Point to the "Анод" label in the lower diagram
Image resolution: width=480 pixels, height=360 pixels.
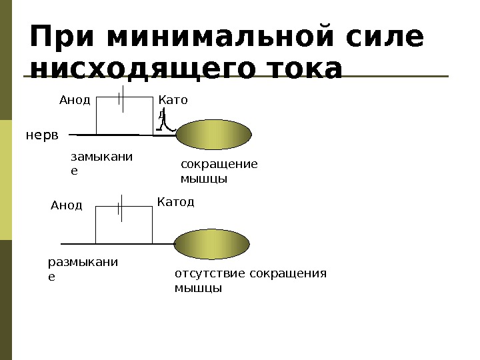pyautogui.click(x=66, y=205)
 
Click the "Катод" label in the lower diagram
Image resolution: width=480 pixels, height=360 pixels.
pyautogui.click(x=176, y=201)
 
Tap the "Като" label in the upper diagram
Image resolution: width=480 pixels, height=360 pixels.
pyautogui.click(x=173, y=100)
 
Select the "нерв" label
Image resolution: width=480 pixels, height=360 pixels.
pyautogui.click(x=42, y=135)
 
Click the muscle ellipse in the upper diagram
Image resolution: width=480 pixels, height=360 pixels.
pyautogui.click(x=213, y=135)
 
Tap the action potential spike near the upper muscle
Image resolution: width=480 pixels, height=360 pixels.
pyautogui.click(x=169, y=122)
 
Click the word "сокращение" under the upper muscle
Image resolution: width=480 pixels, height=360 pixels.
pyautogui.click(x=219, y=165)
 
